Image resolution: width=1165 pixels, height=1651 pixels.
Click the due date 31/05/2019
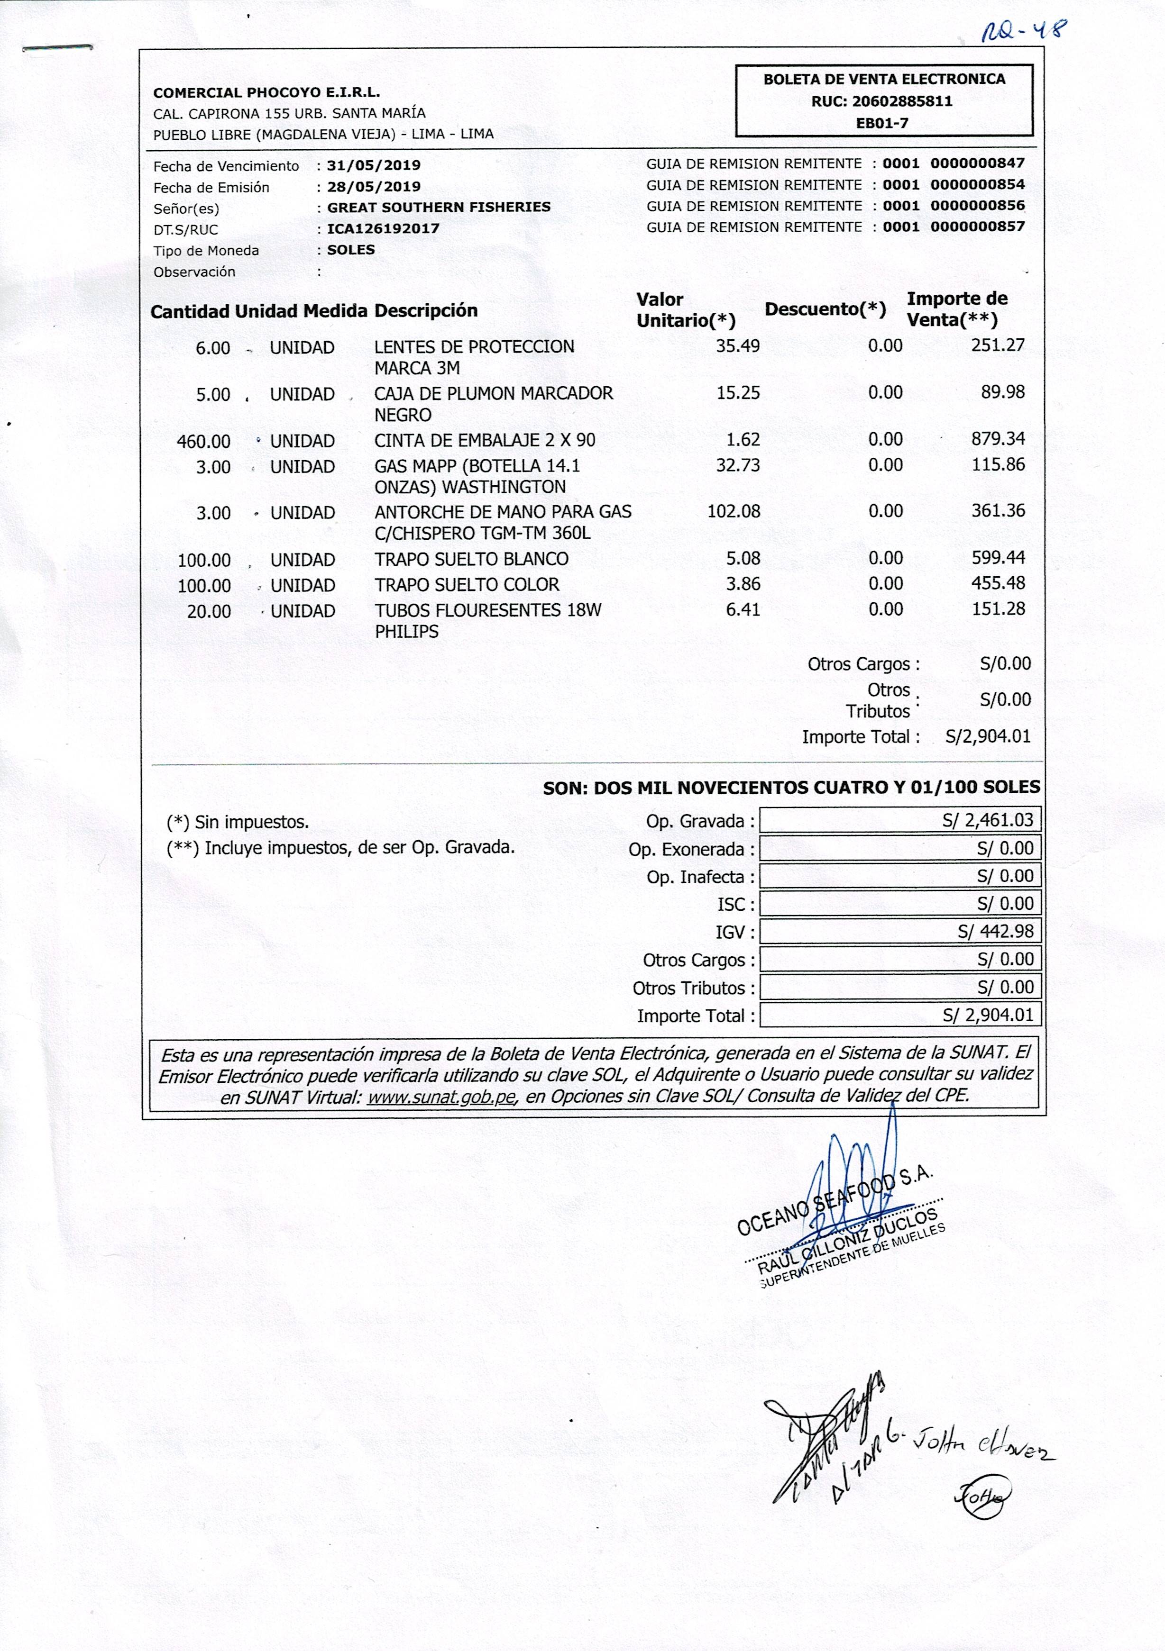point(374,165)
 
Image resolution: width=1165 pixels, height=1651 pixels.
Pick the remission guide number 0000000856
point(977,206)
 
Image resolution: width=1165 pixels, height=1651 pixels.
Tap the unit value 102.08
point(733,512)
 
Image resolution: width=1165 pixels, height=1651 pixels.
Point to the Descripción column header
point(426,311)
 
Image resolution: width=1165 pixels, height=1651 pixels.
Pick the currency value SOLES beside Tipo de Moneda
point(351,250)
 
